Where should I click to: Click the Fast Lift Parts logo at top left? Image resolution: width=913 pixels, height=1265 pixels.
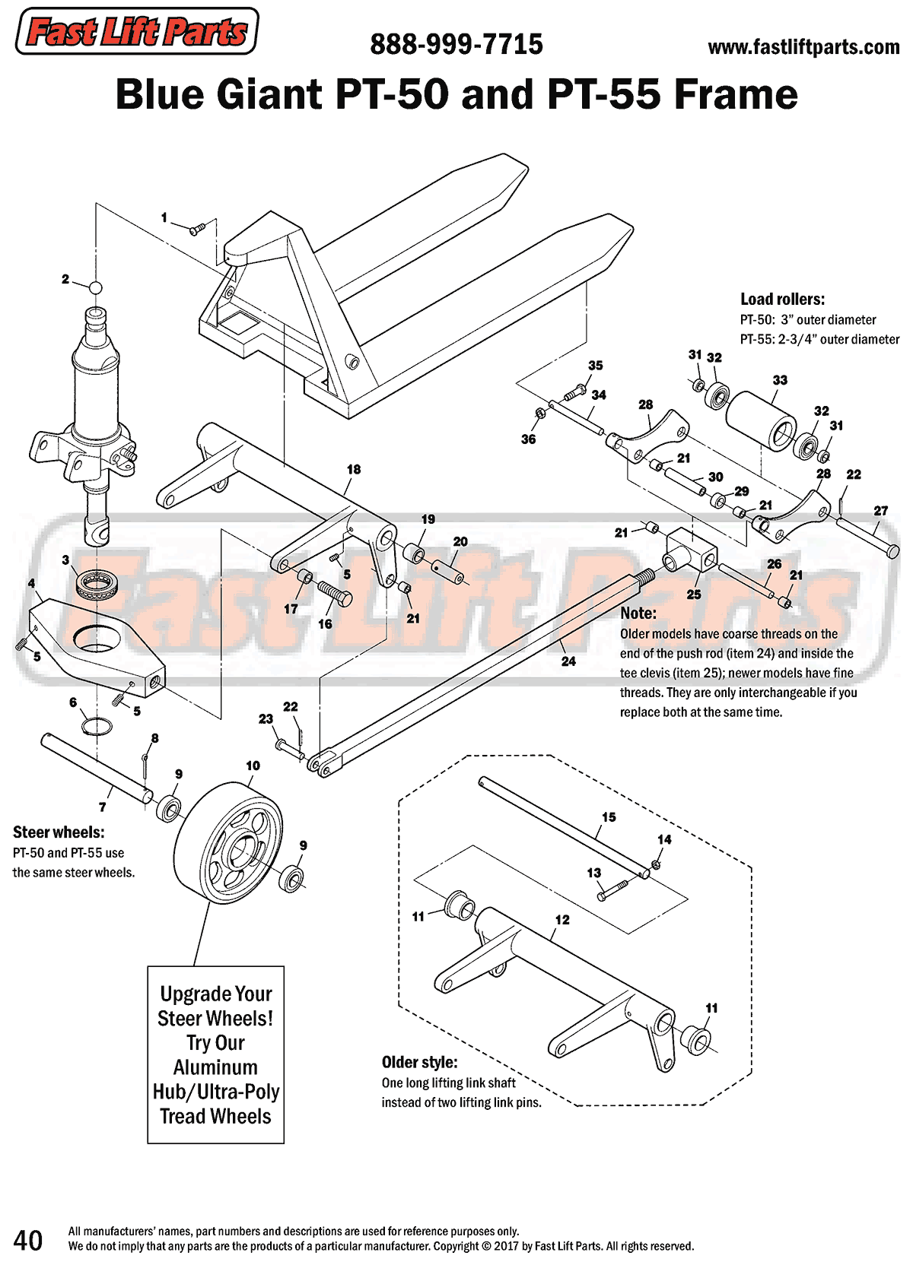click(137, 31)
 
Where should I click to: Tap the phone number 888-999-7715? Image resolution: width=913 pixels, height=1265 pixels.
click(456, 45)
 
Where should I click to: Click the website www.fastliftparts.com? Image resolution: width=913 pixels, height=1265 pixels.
click(803, 48)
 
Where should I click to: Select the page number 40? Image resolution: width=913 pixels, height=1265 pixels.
click(28, 1240)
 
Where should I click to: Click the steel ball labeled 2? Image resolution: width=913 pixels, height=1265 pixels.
click(95, 288)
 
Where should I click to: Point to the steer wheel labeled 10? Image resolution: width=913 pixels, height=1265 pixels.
click(228, 844)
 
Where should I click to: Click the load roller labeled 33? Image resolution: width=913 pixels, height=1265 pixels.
click(761, 420)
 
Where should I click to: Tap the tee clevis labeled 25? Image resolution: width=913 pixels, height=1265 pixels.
click(691, 551)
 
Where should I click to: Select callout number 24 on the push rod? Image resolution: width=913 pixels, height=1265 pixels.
click(568, 661)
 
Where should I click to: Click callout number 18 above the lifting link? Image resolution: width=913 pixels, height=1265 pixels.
click(354, 470)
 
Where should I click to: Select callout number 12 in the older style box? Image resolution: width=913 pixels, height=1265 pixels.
click(562, 920)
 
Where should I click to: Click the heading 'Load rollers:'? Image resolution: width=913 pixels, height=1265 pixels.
click(782, 300)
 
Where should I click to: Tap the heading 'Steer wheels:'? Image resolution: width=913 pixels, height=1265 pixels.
click(59, 832)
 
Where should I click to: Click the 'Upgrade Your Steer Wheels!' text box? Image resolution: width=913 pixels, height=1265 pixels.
click(215, 1054)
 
